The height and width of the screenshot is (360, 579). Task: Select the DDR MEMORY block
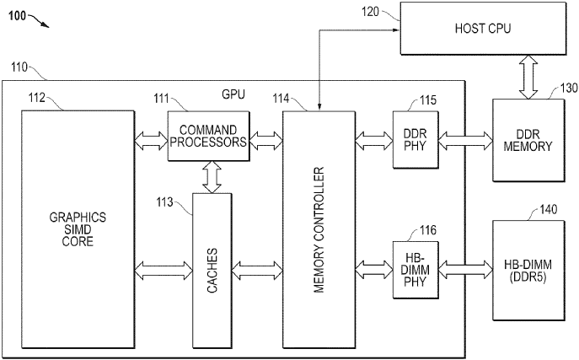click(527, 139)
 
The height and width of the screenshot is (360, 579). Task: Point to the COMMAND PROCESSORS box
click(209, 137)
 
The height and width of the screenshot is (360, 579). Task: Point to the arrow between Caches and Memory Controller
click(256, 270)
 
